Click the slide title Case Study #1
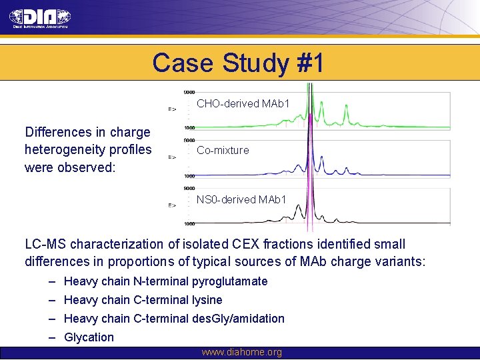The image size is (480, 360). coord(238,63)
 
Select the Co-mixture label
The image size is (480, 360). coord(223,151)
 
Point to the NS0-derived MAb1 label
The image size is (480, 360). coord(241,199)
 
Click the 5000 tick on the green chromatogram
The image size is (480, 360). coord(189,92)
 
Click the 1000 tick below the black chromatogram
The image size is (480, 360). coord(189,224)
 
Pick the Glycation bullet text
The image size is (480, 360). coord(89,337)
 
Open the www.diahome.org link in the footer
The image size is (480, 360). coord(241,352)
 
